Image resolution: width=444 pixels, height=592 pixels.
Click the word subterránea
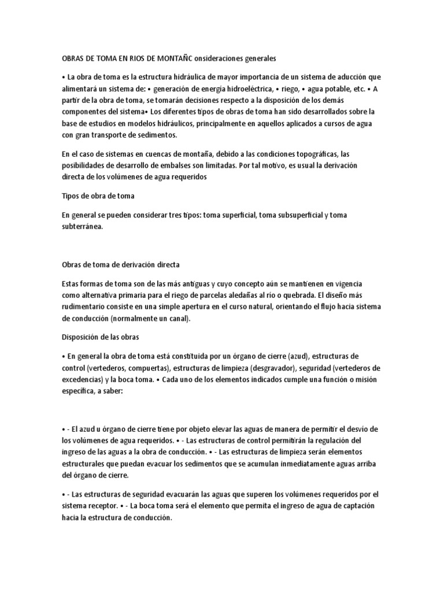pos(83,227)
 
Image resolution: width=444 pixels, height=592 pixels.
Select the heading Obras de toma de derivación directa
pos(120,264)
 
